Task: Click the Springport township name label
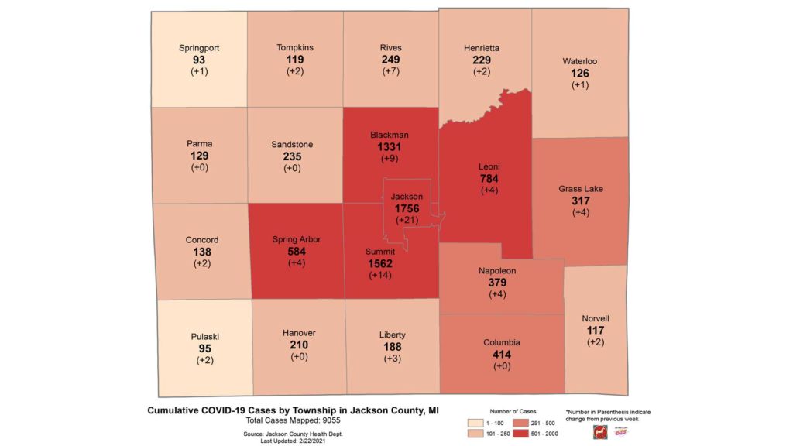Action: coord(199,48)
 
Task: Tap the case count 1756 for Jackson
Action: coord(407,209)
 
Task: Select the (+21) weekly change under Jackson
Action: coord(407,221)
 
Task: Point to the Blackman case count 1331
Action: coord(390,147)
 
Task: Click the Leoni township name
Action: coord(489,166)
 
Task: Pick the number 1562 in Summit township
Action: coord(380,263)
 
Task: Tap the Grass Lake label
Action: coord(581,188)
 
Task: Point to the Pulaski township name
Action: coord(205,337)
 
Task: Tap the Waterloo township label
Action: coord(580,61)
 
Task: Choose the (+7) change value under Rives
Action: coord(390,71)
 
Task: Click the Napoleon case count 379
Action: coord(496,283)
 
